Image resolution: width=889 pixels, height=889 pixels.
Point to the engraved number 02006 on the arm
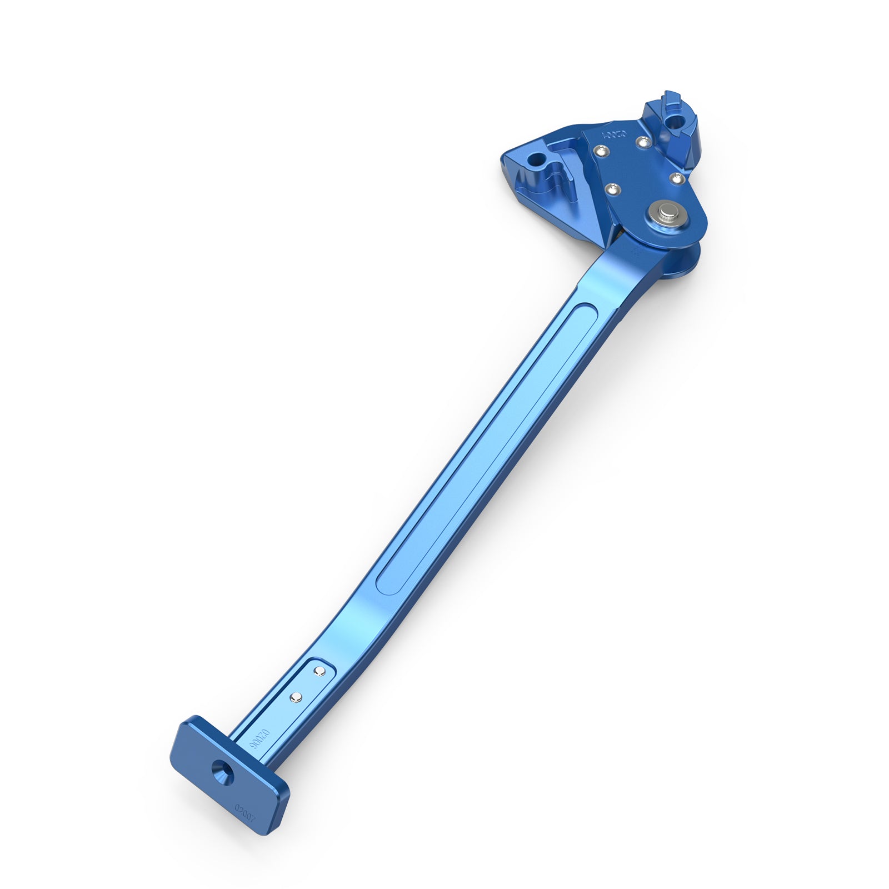(259, 741)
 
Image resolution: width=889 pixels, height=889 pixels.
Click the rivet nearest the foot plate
(296, 696)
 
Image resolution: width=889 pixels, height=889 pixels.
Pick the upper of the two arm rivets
(319, 672)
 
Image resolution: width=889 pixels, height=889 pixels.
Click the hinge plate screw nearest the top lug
(643, 142)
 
